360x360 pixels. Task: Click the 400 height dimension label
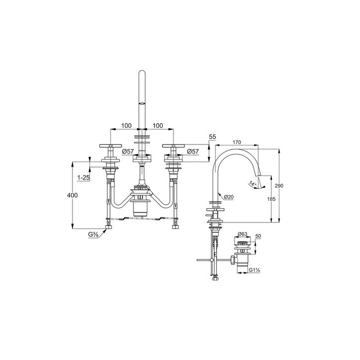[x=72, y=195]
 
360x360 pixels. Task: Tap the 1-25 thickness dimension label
[x=83, y=177]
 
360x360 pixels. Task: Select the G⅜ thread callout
[x=93, y=234]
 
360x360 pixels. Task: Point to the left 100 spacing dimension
[x=126, y=125]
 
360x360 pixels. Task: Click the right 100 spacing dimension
[x=157, y=125]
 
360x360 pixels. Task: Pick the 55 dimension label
[x=212, y=137]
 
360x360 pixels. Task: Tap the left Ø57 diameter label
[x=128, y=151]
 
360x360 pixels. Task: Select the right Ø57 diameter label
[x=193, y=151]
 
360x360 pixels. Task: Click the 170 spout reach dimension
[x=236, y=142]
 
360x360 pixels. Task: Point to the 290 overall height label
[x=279, y=185]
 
